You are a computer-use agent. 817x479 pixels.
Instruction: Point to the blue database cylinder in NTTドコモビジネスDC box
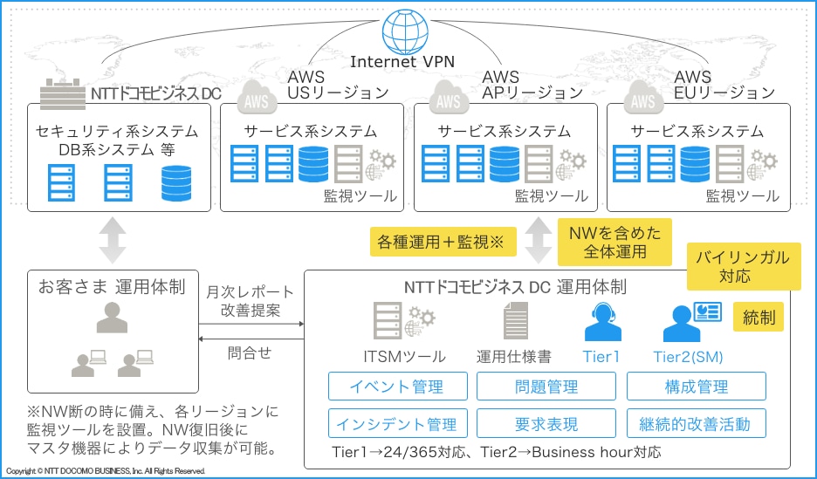(176, 181)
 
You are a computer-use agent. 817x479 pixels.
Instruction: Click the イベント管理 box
(397, 387)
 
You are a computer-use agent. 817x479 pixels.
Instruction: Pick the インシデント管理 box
(397, 424)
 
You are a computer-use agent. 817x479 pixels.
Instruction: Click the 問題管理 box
(546, 387)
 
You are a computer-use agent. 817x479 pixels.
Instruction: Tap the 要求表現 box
(546, 424)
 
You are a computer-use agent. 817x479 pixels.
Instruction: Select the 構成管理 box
(696, 387)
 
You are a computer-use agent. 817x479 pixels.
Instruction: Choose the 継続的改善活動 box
(696, 424)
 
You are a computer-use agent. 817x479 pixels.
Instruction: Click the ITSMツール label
(404, 356)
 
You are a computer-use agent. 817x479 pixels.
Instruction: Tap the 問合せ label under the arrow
(250, 352)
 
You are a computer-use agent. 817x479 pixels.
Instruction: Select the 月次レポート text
(250, 291)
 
